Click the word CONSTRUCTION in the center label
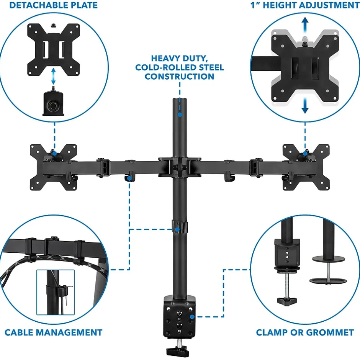[x=179, y=77]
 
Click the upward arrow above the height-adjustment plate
[x=305, y=25]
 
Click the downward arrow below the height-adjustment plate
[x=305, y=105]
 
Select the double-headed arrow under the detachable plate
[x=54, y=76]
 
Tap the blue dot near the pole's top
[x=180, y=114]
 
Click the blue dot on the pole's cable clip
[x=177, y=229]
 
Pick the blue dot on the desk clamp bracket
[x=192, y=317]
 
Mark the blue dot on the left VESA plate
[x=55, y=153]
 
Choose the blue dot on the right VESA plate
[x=305, y=153]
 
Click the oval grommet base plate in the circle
[x=328, y=281]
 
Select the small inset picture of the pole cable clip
[x=56, y=292]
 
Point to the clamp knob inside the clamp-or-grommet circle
[x=287, y=301]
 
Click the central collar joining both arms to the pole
[x=180, y=167]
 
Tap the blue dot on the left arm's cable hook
[x=130, y=178]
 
